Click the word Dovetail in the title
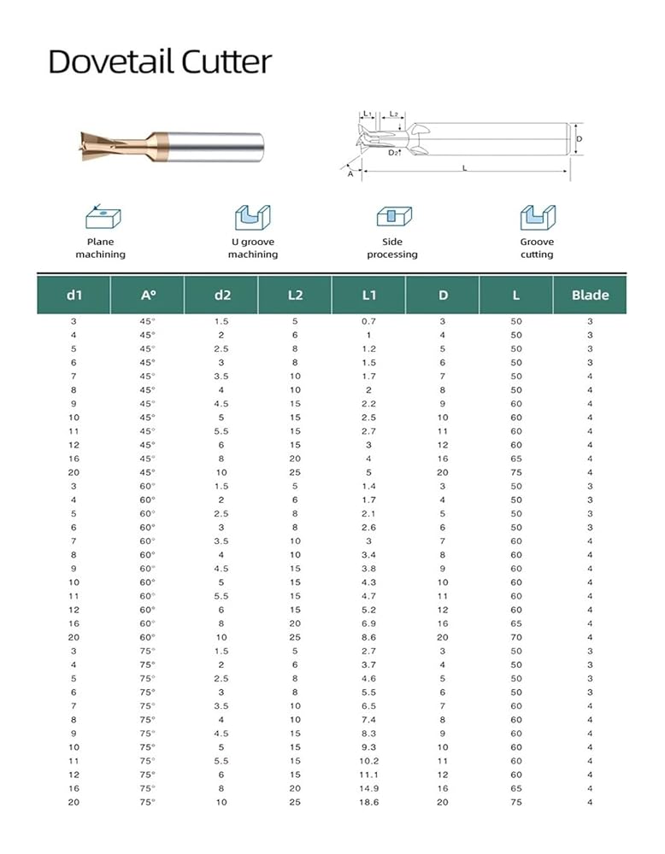(109, 62)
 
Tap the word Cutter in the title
(223, 62)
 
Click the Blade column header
(590, 295)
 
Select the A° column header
(148, 295)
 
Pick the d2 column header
(221, 295)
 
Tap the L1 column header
(368, 295)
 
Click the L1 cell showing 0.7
(368, 321)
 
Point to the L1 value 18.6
(368, 802)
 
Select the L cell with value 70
(516, 637)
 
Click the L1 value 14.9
(368, 788)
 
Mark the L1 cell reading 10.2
(368, 761)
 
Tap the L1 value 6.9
(368, 623)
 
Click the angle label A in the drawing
(350, 173)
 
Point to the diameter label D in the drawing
(579, 138)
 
